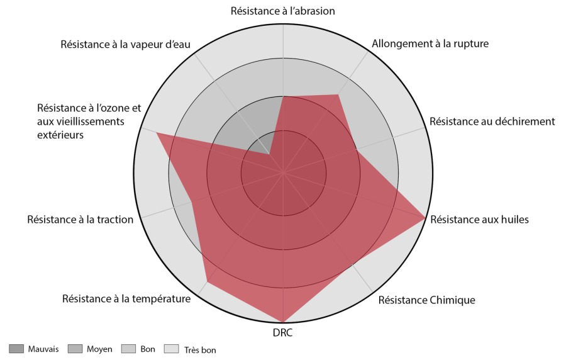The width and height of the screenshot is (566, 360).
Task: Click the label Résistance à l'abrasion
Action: coord(283,11)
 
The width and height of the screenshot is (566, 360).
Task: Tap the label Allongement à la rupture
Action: coord(430,44)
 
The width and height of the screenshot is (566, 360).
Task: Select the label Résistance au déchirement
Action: coord(492,121)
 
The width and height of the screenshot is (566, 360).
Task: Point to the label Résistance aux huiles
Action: coord(479,220)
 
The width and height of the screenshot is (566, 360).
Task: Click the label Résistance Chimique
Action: coord(426,300)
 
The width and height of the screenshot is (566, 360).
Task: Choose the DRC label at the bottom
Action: coord(283,333)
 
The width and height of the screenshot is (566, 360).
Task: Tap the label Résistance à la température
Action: coord(126,298)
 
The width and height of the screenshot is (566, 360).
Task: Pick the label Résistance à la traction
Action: coord(80,220)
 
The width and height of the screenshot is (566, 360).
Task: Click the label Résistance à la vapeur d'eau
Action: coord(126,44)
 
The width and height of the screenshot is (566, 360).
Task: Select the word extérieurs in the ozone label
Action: coord(60,134)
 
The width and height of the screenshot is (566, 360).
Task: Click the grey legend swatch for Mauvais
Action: coord(16,349)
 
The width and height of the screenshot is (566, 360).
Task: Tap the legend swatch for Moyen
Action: coord(75,349)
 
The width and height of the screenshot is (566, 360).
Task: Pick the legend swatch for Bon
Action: coord(128,349)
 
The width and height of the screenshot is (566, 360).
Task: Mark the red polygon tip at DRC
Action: coord(284,322)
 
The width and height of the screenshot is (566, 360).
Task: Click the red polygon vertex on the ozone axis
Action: coord(156,133)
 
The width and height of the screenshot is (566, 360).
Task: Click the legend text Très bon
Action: coord(201,350)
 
